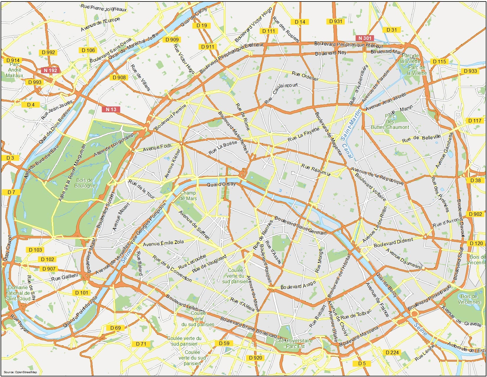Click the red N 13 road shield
tap(111, 109)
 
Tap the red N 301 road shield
tap(365, 38)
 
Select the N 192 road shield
tap(50, 70)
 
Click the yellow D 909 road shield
tap(172, 40)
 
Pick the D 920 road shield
tap(255, 358)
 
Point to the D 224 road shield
tap(392, 352)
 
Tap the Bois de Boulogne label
tap(85, 183)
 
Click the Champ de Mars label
tap(188, 196)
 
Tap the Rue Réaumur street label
tap(316, 170)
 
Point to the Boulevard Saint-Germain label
tap(300, 226)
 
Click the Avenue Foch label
tap(157, 147)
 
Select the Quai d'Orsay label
tap(221, 185)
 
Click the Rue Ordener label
tap(305, 76)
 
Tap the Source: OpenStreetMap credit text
tap(20, 372)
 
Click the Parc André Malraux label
tap(14, 70)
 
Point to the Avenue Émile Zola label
tap(163, 243)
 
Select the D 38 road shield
tap(475, 180)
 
